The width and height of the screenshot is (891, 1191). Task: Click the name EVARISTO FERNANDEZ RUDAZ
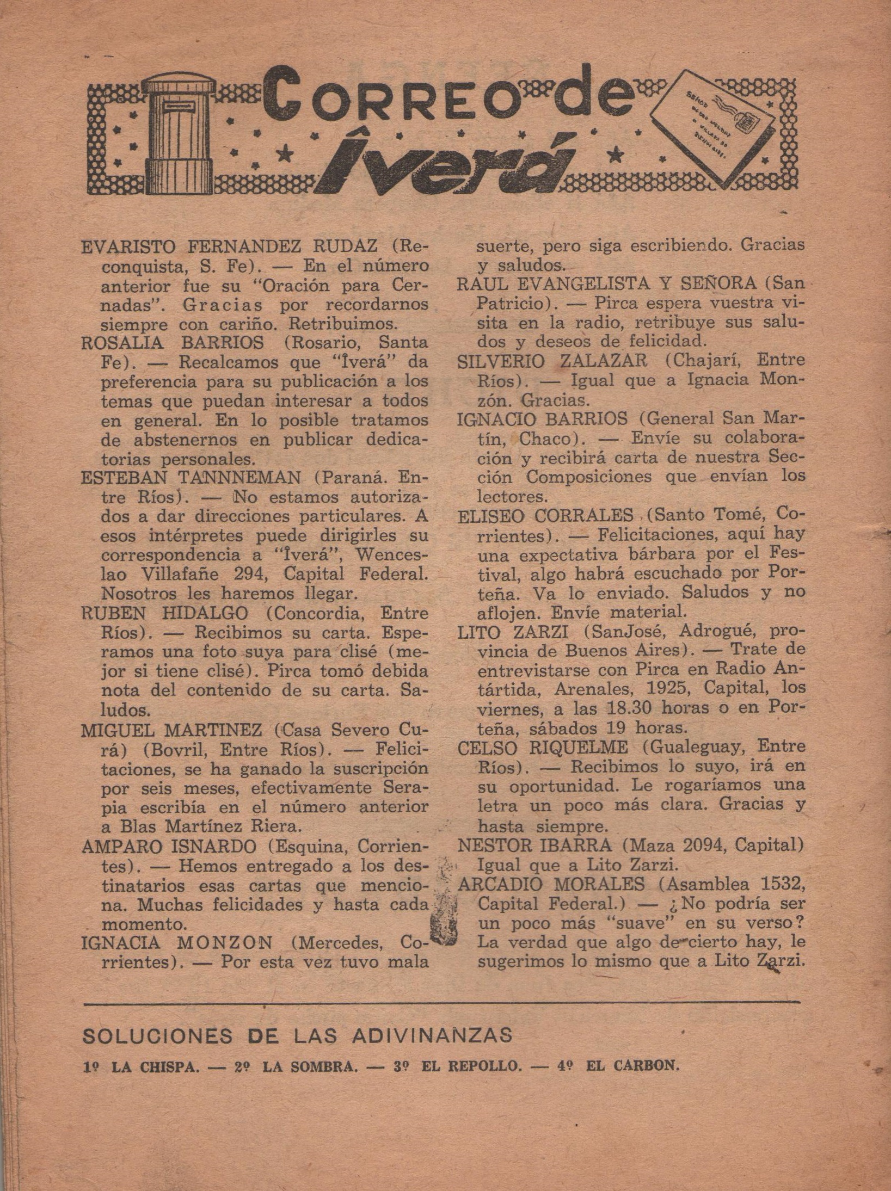pyautogui.click(x=229, y=247)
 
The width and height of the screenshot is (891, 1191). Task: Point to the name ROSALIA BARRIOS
pyautogui.click(x=173, y=343)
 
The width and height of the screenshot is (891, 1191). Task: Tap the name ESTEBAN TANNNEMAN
pyautogui.click(x=191, y=478)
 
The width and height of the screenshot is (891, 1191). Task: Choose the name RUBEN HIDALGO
pyautogui.click(x=165, y=613)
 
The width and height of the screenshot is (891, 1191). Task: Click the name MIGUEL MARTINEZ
pyautogui.click(x=171, y=729)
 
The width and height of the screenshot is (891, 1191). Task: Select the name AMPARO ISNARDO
pyautogui.click(x=169, y=847)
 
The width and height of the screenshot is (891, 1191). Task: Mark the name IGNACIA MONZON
pyautogui.click(x=177, y=942)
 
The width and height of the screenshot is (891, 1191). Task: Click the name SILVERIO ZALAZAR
pyautogui.click(x=552, y=360)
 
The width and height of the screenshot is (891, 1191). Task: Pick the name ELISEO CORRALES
pyautogui.click(x=545, y=515)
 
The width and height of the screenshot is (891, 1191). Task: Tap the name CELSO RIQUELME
pyautogui.click(x=543, y=747)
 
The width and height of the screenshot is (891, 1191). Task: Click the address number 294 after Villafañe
pyautogui.click(x=249, y=575)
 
